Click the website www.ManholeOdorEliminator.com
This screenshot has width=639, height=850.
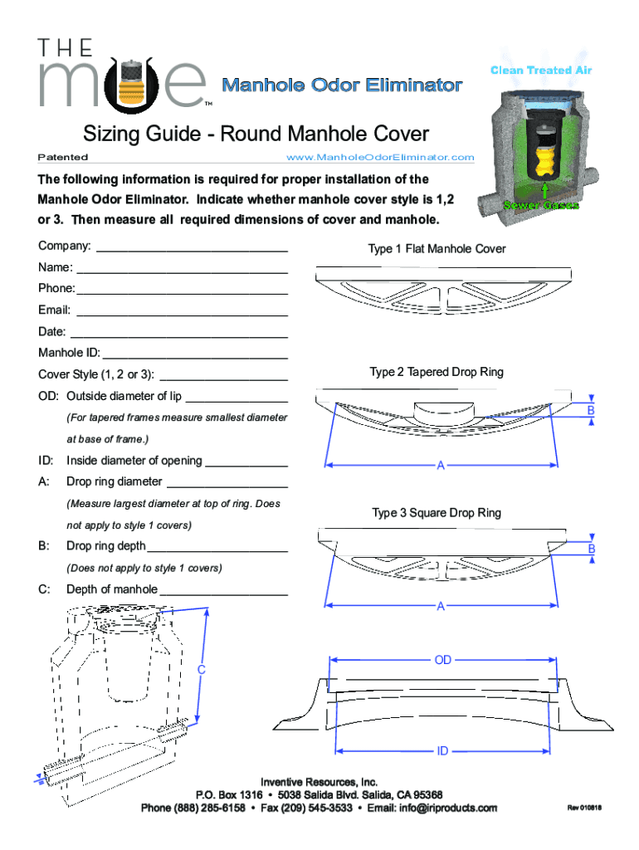[379, 157]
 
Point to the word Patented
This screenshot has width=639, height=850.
[63, 157]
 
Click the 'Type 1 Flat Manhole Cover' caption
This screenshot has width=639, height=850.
[437, 249]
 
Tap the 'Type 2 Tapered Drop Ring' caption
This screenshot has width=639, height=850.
[437, 372]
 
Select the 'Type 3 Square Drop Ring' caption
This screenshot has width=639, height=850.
[437, 513]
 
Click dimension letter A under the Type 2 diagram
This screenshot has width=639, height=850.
[441, 466]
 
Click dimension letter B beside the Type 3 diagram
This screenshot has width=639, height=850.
[592, 550]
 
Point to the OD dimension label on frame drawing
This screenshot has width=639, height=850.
[443, 660]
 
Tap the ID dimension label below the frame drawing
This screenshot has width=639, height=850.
[443, 751]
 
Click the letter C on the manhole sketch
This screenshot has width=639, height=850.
[202, 669]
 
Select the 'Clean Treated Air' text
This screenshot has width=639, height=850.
[541, 71]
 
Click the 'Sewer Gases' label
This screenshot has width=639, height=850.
[540, 205]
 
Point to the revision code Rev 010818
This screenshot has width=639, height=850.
[584, 808]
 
